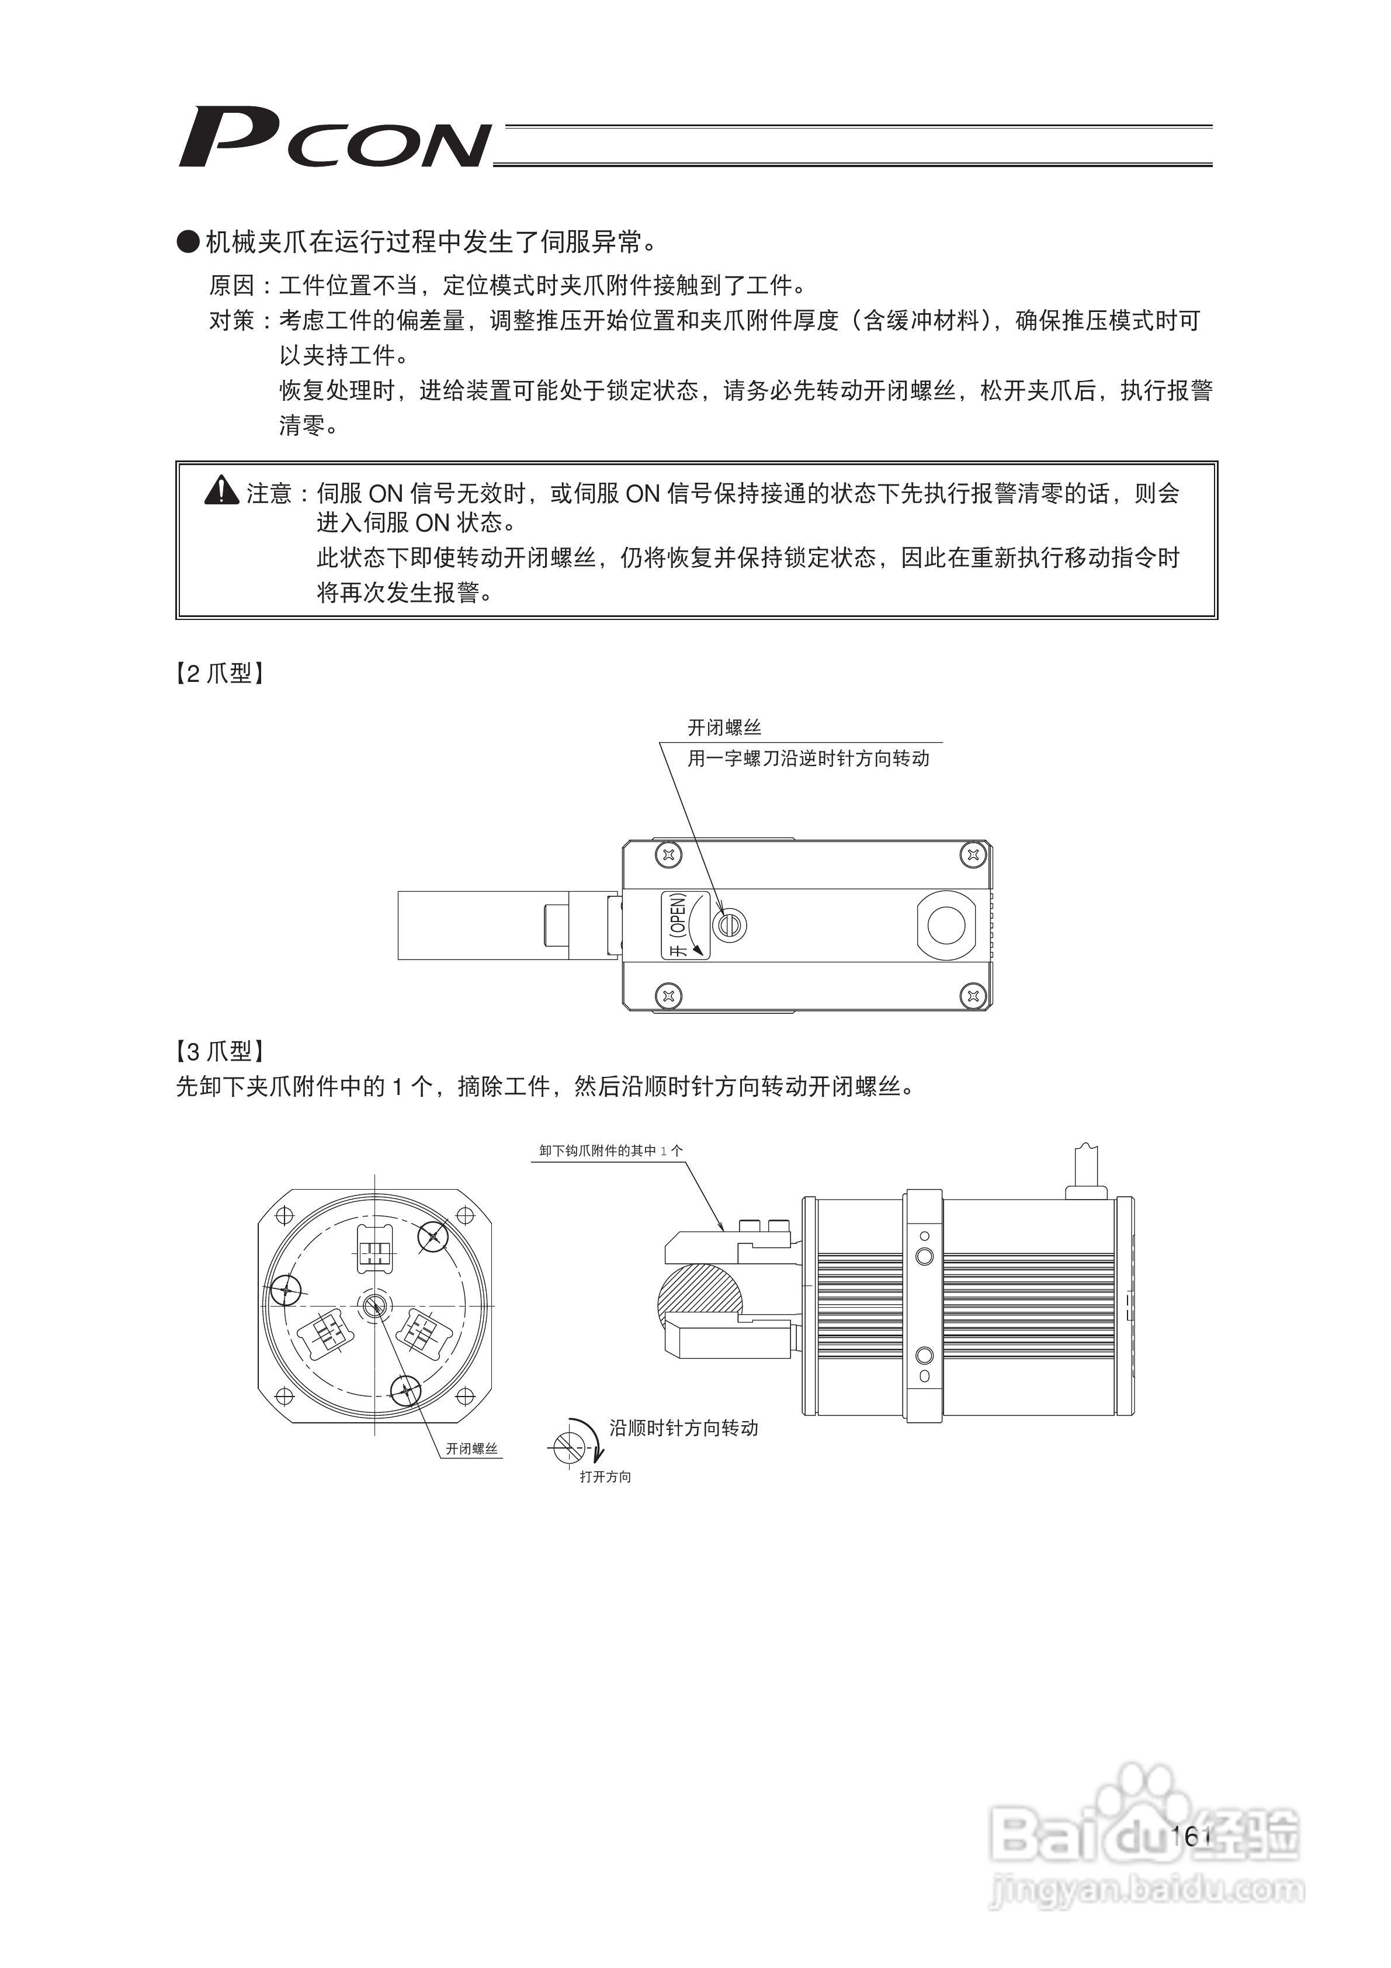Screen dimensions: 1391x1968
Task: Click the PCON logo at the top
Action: click(334, 137)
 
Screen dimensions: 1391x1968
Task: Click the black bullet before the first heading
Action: click(188, 242)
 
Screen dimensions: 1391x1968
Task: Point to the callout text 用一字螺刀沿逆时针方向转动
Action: click(808, 758)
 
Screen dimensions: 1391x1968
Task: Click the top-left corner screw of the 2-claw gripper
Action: click(670, 854)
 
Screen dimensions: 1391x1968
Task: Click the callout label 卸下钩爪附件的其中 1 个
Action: click(611, 1151)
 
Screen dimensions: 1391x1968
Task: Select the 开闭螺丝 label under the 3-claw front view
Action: click(471, 1449)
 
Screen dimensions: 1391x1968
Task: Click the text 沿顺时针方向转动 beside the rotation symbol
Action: click(684, 1427)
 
